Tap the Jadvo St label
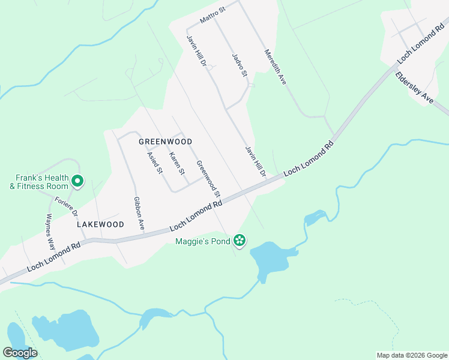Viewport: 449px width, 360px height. (240, 65)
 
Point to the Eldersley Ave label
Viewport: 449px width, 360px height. (414, 89)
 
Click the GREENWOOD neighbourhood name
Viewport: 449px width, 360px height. (165, 142)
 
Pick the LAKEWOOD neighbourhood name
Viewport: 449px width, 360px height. (100, 224)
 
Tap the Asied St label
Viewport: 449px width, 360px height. (155, 162)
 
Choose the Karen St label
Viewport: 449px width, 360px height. (176, 163)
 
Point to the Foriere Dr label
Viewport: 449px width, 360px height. (66, 206)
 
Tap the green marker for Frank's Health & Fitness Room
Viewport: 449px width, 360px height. (77, 180)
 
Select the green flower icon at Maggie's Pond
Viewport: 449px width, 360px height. (240, 241)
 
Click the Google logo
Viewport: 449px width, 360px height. (20, 352)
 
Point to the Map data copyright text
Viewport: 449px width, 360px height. (412, 355)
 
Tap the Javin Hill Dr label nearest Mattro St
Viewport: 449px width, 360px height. (196, 51)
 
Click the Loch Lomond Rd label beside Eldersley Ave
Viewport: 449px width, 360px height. (422, 42)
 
